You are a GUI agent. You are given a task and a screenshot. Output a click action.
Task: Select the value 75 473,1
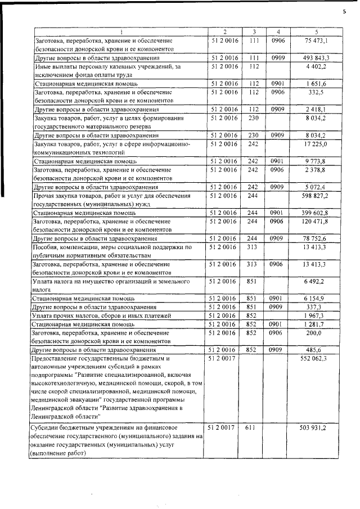coord(316,41)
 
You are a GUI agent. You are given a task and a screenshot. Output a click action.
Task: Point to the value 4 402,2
coord(317,66)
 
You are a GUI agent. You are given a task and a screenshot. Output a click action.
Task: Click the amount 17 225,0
coord(316,145)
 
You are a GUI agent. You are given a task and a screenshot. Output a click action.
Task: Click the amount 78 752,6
coord(316,238)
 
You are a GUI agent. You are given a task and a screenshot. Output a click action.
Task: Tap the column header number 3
coord(254,32)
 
